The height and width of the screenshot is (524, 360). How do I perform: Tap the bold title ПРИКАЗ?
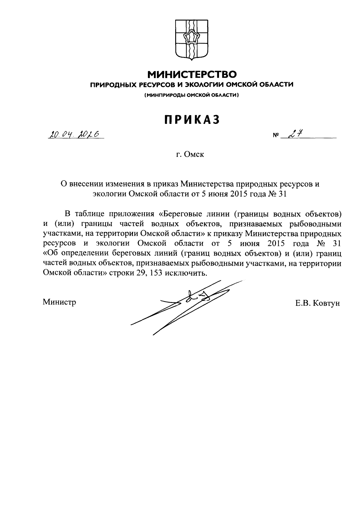coord(192,119)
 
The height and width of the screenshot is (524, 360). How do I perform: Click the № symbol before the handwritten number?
coord(276,136)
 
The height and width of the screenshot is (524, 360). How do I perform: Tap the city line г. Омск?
coord(190,155)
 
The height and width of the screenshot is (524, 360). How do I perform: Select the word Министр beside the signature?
coord(59,302)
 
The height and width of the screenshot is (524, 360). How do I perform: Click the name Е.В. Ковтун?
coord(317,303)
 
